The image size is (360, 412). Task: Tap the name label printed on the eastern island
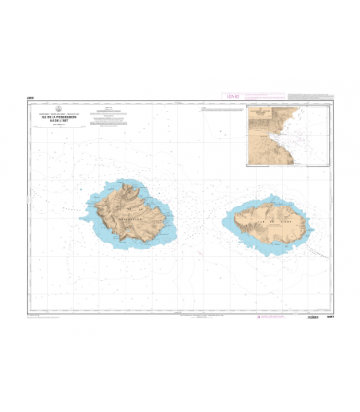click(270, 226)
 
